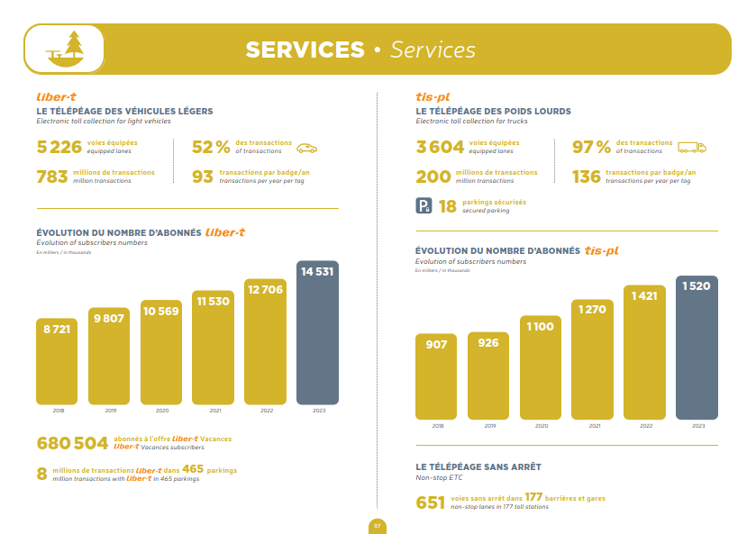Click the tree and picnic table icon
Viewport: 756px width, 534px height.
63,50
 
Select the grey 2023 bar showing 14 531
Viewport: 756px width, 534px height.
317,332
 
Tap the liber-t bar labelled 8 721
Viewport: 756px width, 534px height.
57,361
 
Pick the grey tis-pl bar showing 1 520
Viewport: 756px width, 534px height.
697,347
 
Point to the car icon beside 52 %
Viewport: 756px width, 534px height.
307,148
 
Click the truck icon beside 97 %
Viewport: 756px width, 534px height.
691,148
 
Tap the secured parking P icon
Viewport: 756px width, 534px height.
424,206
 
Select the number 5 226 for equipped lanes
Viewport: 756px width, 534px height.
59,147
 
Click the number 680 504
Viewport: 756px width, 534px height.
72,443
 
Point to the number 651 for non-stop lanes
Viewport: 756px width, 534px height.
431,502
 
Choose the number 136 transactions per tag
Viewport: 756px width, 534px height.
586,176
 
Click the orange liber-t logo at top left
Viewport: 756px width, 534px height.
56,96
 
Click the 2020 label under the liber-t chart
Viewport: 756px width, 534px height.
161,411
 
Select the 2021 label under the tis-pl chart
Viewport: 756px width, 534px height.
595,425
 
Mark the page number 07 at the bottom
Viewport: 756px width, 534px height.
378,525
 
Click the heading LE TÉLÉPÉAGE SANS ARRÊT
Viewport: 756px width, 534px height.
478,467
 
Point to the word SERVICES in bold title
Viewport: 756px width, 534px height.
305,50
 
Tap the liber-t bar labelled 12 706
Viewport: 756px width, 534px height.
265,341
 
